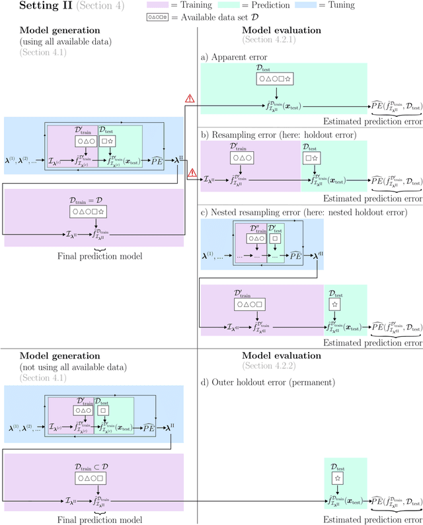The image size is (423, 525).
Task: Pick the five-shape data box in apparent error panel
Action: (x=277, y=80)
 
